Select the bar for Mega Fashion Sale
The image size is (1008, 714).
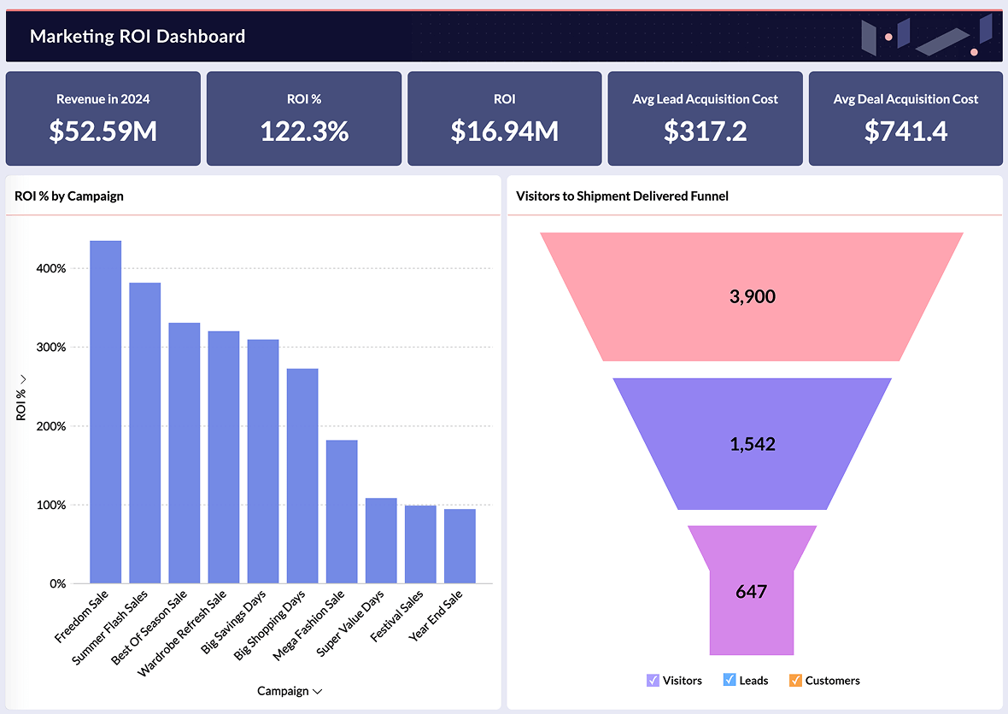pyautogui.click(x=342, y=512)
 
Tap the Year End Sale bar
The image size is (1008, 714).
pyautogui.click(x=460, y=546)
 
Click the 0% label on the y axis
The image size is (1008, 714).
pyautogui.click(x=57, y=584)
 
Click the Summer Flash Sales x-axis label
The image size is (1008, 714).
pyautogui.click(x=110, y=628)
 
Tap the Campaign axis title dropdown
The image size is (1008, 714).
pyautogui.click(x=289, y=691)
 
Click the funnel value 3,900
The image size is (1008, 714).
pyautogui.click(x=752, y=297)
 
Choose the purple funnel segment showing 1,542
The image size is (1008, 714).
pyautogui.click(x=752, y=444)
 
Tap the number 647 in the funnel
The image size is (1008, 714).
pyautogui.click(x=751, y=591)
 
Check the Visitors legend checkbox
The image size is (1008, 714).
pyautogui.click(x=653, y=681)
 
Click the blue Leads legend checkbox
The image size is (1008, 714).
pyautogui.click(x=730, y=681)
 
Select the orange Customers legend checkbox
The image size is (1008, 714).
pyautogui.click(x=795, y=681)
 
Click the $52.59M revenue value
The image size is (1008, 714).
pyautogui.click(x=103, y=131)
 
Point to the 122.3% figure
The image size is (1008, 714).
pyautogui.click(x=304, y=131)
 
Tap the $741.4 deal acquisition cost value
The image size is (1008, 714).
pyautogui.click(x=905, y=131)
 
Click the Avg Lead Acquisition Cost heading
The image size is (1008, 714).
pyautogui.click(x=705, y=99)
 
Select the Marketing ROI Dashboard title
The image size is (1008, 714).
pyautogui.click(x=138, y=36)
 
